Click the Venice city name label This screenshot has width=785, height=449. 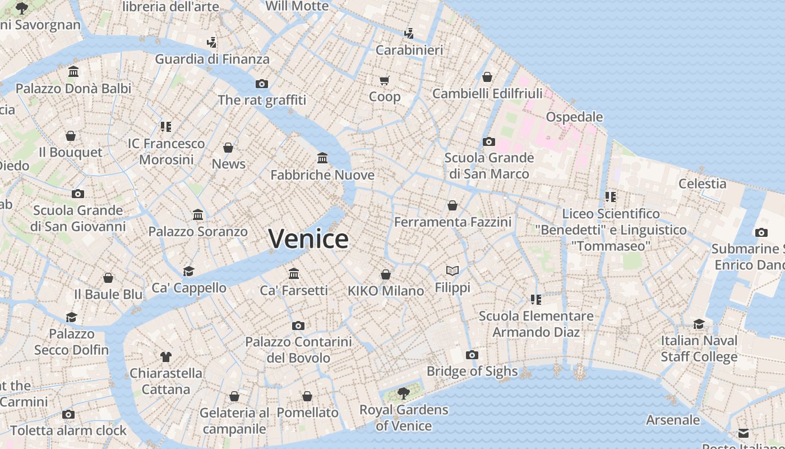(x=308, y=239)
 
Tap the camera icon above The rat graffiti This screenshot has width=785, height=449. (x=262, y=84)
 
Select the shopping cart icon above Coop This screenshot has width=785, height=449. (x=384, y=80)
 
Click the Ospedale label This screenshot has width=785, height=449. (x=574, y=117)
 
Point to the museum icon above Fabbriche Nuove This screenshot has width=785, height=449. (x=322, y=158)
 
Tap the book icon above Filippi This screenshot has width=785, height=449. (x=452, y=271)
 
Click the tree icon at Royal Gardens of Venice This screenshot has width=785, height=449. (x=403, y=393)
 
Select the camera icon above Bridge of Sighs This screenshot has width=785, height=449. (x=472, y=355)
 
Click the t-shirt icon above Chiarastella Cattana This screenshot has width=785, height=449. (x=165, y=356)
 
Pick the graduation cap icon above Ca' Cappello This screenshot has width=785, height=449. (x=188, y=271)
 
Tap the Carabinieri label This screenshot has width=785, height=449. (x=409, y=50)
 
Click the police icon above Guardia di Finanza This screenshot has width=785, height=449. (x=211, y=42)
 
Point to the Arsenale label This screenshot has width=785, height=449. (x=673, y=420)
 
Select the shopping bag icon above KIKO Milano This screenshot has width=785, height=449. (x=386, y=274)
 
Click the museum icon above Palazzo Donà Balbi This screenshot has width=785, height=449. (x=73, y=72)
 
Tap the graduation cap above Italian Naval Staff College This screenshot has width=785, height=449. (x=699, y=324)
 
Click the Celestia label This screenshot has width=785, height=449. (x=702, y=184)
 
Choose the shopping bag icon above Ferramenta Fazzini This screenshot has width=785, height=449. (x=452, y=205)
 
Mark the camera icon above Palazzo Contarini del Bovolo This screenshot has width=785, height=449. (x=298, y=326)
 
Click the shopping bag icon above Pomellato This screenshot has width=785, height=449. (x=307, y=396)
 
